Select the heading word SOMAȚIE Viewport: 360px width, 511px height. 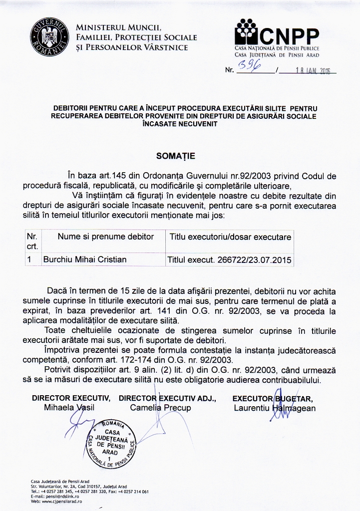point(176,156)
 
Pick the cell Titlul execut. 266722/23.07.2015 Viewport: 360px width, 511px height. point(230,259)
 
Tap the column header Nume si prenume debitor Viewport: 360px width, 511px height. point(106,237)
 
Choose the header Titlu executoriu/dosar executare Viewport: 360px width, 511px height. point(230,237)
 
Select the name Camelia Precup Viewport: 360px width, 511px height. point(160,408)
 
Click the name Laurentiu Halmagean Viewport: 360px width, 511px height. point(275,408)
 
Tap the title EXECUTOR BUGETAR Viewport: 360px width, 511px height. point(273,398)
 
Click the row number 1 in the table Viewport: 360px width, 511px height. point(29,259)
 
